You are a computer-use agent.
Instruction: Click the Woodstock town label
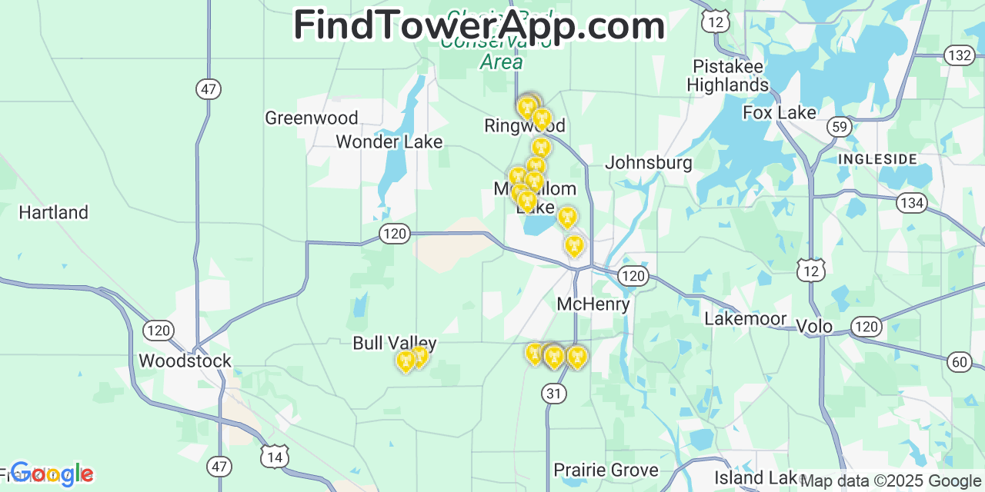tap(185, 361)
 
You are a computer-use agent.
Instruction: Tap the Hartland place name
tap(54, 212)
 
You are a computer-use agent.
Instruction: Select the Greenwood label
tap(312, 118)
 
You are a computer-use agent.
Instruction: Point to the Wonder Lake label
tap(389, 142)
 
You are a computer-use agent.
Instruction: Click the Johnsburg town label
tap(649, 163)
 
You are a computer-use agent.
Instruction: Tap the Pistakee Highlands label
tap(728, 75)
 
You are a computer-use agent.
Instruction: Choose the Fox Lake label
tap(780, 113)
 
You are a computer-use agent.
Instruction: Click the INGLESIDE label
tap(878, 159)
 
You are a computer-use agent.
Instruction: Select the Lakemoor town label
tap(746, 319)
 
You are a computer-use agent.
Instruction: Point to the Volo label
tap(814, 327)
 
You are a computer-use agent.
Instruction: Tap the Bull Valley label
tap(395, 344)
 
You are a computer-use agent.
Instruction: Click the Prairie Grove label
tap(606, 470)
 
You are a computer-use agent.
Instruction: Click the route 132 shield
tap(960, 55)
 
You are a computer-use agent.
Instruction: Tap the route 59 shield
tap(840, 128)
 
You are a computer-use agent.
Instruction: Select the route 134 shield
tap(913, 203)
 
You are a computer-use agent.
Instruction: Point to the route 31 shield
tap(554, 394)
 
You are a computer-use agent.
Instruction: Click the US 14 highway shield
tap(275, 456)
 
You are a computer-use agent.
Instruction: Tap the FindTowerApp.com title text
tap(479, 25)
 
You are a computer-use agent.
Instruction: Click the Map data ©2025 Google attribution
tap(890, 481)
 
